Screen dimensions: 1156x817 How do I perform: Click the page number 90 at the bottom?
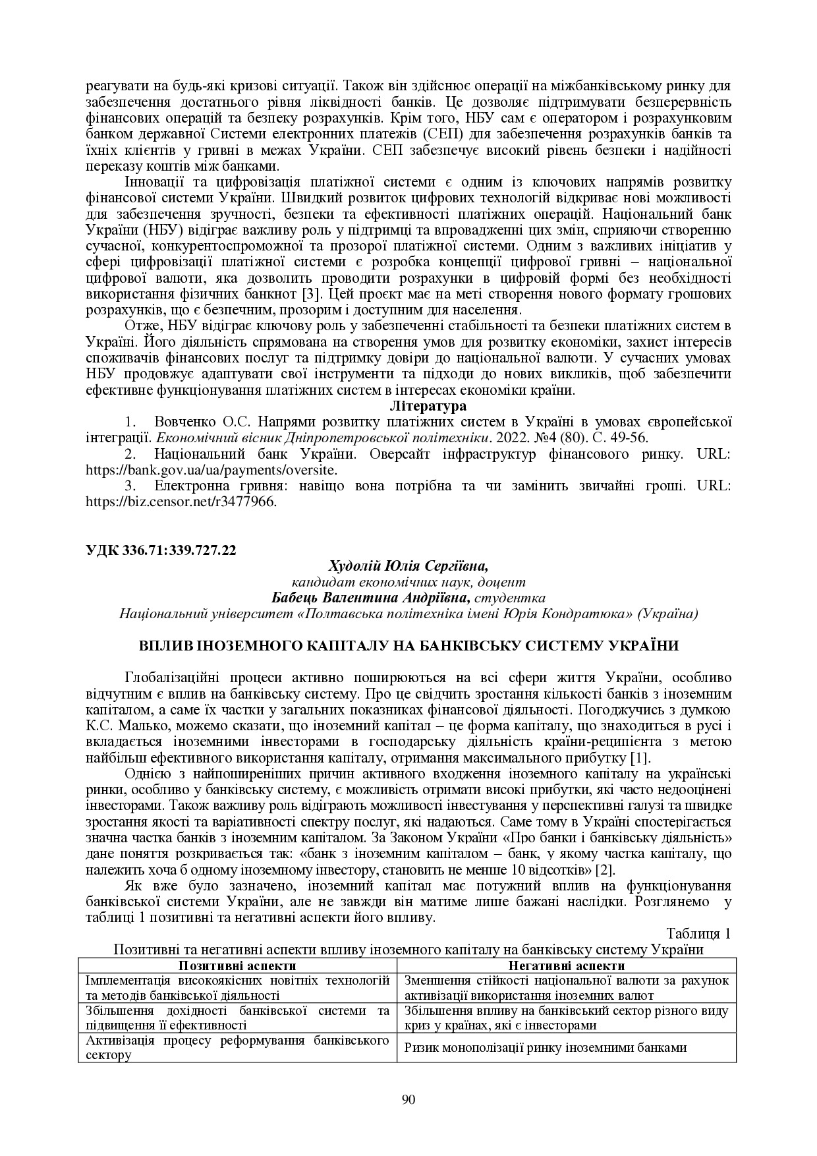(x=408, y=1099)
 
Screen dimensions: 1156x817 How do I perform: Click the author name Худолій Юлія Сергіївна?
(x=408, y=566)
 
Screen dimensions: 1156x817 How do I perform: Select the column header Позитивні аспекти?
(x=237, y=966)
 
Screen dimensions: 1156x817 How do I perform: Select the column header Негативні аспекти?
(x=567, y=966)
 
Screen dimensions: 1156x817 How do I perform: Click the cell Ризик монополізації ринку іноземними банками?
(x=546, y=1047)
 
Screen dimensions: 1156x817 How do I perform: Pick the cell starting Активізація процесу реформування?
(x=237, y=1047)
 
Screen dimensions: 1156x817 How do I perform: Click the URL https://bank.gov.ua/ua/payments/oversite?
(x=211, y=470)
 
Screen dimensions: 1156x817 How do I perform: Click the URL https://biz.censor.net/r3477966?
(x=181, y=502)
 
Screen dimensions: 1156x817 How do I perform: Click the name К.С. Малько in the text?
(x=118, y=726)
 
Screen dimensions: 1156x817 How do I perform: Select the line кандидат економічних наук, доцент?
(x=408, y=582)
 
